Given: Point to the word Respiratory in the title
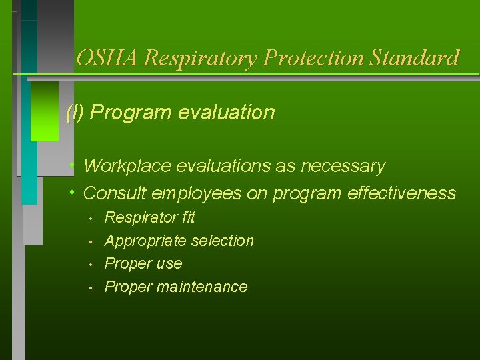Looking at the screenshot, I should [201, 59].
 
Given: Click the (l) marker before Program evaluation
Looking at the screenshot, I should [75, 113].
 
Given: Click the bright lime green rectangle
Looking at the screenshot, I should [45, 111].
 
